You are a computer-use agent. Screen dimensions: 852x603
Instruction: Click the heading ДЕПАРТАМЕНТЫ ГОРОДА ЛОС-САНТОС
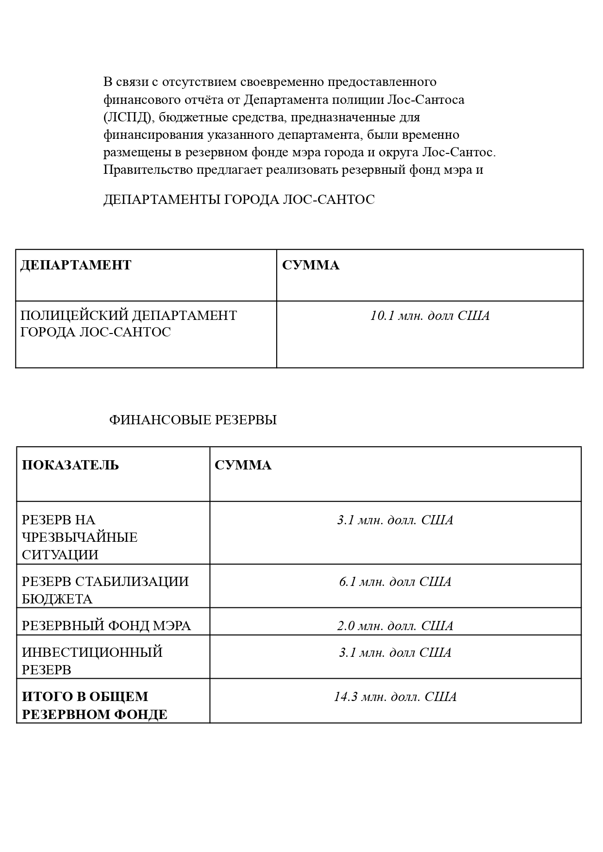pyautogui.click(x=239, y=200)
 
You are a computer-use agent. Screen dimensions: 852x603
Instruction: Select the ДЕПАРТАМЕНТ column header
pyautogui.click(x=76, y=265)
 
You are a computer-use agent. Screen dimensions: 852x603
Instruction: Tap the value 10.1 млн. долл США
pyautogui.click(x=430, y=316)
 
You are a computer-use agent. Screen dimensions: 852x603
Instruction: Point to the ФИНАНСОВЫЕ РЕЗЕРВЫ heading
pyautogui.click(x=193, y=420)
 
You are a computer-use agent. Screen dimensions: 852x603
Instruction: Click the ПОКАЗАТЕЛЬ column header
pyautogui.click(x=70, y=465)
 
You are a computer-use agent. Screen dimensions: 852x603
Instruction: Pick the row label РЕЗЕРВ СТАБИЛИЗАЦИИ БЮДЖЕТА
pyautogui.click(x=105, y=590)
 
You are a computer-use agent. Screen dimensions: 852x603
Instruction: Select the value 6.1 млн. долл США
pyautogui.click(x=395, y=582)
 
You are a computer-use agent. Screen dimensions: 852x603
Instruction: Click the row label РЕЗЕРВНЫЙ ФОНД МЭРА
pyautogui.click(x=106, y=626)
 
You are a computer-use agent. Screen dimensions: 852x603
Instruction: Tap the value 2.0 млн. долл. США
pyautogui.click(x=395, y=626)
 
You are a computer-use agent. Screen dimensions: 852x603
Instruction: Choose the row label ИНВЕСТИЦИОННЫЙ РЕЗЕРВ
pyautogui.click(x=92, y=661)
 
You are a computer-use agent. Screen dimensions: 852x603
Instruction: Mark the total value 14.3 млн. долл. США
pyautogui.click(x=395, y=697)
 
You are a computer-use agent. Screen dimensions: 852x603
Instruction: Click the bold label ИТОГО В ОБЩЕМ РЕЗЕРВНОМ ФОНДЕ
pyautogui.click(x=95, y=705)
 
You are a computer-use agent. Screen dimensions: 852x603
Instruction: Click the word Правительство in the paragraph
pyautogui.click(x=148, y=170)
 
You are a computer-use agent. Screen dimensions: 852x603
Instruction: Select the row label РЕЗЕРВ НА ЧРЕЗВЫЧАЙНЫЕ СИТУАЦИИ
pyautogui.click(x=80, y=537)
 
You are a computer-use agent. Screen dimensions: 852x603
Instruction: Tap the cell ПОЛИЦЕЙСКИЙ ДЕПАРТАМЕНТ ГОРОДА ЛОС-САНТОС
pyautogui.click(x=128, y=324)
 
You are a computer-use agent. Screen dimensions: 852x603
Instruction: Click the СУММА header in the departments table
pyautogui.click(x=311, y=265)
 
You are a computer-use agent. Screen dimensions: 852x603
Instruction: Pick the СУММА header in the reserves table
pyautogui.click(x=243, y=465)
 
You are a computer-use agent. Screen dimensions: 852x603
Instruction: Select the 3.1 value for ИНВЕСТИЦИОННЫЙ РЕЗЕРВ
pyautogui.click(x=395, y=652)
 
